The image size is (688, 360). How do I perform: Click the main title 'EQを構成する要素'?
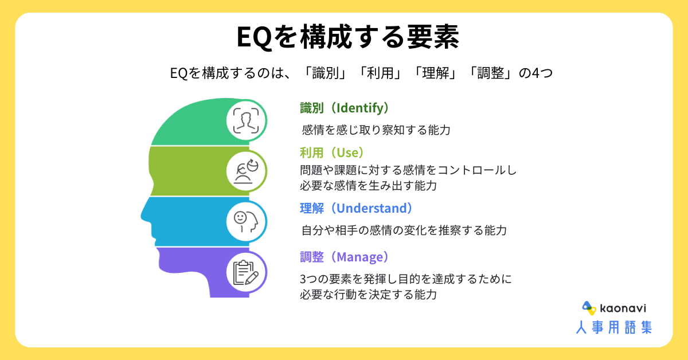(347, 37)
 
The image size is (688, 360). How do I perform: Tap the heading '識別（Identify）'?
(345, 108)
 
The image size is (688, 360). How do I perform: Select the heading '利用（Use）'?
(332, 152)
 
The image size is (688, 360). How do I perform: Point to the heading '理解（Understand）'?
(356, 208)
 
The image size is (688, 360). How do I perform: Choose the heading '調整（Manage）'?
(345, 257)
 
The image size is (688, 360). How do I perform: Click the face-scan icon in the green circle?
(246, 120)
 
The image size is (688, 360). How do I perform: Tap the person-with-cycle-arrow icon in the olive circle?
(247, 171)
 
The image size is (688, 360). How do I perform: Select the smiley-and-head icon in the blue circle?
(246, 221)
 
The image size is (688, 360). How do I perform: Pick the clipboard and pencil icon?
(246, 272)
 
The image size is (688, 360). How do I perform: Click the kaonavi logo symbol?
(589, 308)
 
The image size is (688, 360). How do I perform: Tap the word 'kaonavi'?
(623, 308)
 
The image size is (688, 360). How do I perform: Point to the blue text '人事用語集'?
(614, 327)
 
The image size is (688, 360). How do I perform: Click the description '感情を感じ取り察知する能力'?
(376, 130)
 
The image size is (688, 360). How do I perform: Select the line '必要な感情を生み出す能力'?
(368, 186)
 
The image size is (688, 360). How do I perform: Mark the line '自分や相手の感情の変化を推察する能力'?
(404, 230)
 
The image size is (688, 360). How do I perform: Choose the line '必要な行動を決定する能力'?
(368, 295)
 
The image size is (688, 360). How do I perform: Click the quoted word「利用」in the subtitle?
(380, 73)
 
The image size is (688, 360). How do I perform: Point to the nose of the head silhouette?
(144, 215)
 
